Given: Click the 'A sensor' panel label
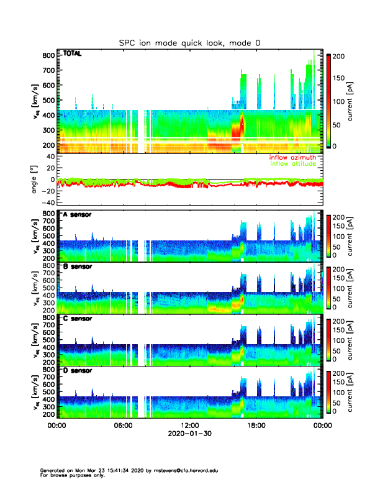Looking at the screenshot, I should [77, 215].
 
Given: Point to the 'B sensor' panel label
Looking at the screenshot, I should [77, 267].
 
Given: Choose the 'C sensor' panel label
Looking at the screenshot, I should [77, 319].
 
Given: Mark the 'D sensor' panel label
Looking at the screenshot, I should [77, 371].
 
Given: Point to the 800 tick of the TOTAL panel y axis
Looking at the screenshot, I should [47, 55].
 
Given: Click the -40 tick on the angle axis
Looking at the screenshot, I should [46, 203].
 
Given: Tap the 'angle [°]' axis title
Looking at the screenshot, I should [35, 179].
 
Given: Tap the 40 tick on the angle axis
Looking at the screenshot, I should [48, 156].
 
